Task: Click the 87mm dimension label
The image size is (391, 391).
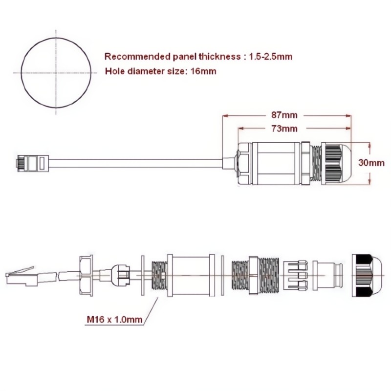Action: [284, 115]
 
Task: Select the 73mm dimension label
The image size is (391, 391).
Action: [284, 129]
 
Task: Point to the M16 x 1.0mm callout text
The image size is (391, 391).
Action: [114, 320]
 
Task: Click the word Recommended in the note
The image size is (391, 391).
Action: [137, 57]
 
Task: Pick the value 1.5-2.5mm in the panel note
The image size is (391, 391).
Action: [271, 57]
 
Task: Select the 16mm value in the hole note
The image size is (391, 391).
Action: [203, 71]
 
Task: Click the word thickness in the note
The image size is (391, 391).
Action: [219, 57]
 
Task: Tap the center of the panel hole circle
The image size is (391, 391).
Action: [56, 73]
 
